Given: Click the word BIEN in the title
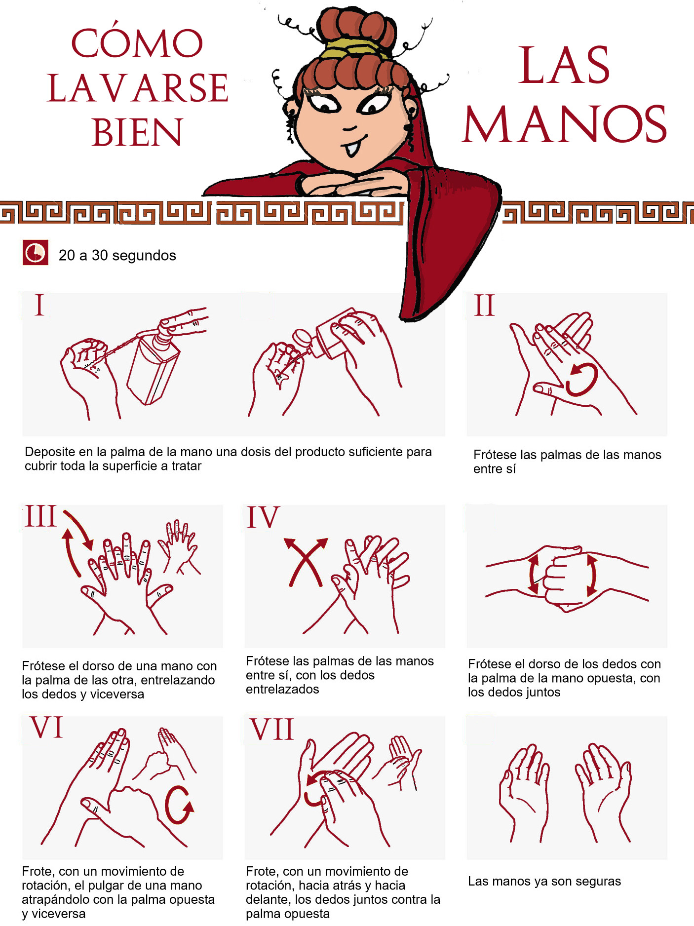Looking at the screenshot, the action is (137, 132).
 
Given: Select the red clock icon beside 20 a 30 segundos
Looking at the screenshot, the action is (36, 253).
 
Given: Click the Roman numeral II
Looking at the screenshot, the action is (484, 306).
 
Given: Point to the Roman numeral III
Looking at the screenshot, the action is (40, 516).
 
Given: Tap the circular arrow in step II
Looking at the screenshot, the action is (582, 380).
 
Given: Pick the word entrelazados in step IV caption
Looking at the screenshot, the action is (282, 689).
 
